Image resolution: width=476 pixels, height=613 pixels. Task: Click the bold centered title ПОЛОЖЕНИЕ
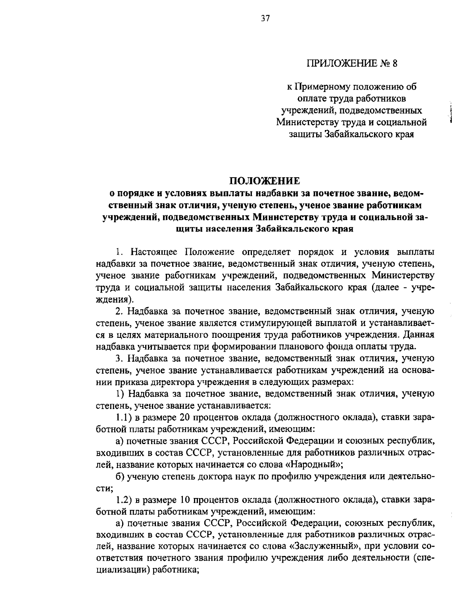coord(265,181)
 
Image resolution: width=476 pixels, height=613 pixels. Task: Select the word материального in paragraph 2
coord(181,335)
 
